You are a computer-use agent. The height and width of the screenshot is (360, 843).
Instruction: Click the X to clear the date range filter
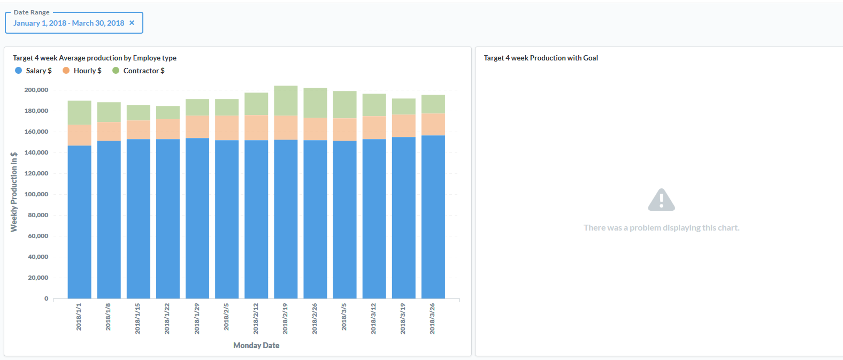pyautogui.click(x=132, y=23)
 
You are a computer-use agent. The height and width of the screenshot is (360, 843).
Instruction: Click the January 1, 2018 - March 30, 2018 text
pyautogui.click(x=68, y=23)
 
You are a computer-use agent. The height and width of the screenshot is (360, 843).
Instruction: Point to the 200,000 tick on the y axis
pyautogui.click(x=36, y=90)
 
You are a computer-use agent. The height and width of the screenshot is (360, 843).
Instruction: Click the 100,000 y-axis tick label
pyautogui.click(x=36, y=194)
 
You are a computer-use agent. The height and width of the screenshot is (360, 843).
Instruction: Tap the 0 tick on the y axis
pyautogui.click(x=47, y=298)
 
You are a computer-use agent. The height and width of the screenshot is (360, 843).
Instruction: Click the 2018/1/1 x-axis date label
pyautogui.click(x=79, y=317)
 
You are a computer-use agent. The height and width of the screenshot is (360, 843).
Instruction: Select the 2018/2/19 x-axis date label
pyautogui.click(x=285, y=318)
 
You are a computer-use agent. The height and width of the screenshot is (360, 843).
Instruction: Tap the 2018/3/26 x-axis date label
pyautogui.click(x=432, y=318)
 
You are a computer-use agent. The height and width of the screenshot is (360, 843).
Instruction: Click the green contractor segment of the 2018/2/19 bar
pyautogui.click(x=286, y=101)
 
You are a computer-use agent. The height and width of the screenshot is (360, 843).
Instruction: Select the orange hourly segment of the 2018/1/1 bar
pyautogui.click(x=79, y=135)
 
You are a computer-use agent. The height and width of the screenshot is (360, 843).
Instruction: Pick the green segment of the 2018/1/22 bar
pyautogui.click(x=168, y=112)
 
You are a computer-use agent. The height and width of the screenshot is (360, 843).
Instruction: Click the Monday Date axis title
pyautogui.click(x=256, y=346)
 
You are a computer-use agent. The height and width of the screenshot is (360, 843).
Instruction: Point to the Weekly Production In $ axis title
pyautogui.click(x=14, y=192)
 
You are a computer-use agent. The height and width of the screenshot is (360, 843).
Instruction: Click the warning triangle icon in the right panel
pyautogui.click(x=661, y=200)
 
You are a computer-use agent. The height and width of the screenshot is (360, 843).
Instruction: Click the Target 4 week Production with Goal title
pyautogui.click(x=541, y=58)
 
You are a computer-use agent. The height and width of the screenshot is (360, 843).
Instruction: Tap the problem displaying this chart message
pyautogui.click(x=661, y=228)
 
